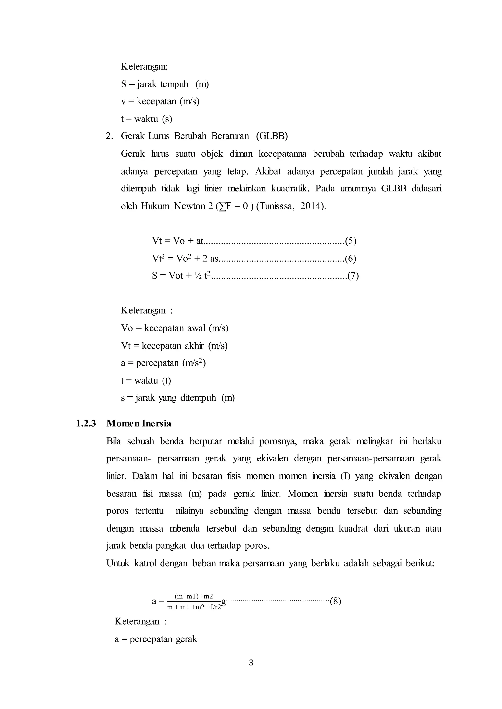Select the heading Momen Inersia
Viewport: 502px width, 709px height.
coord(139,423)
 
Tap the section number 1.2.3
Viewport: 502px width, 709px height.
coord(86,423)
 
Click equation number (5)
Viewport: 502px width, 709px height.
coord(351,241)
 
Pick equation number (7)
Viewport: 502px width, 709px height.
coord(353,275)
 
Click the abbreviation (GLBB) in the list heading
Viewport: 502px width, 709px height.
coord(272,136)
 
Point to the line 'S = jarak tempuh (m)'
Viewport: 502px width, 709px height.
coord(165,84)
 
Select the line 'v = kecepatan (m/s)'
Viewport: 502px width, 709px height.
coord(160,101)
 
